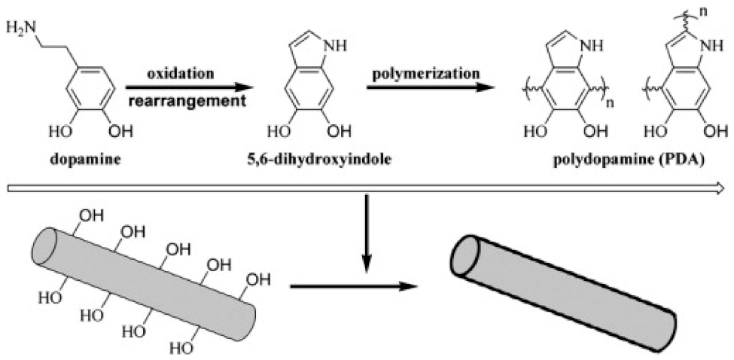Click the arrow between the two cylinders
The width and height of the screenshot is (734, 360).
tap(355, 287)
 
